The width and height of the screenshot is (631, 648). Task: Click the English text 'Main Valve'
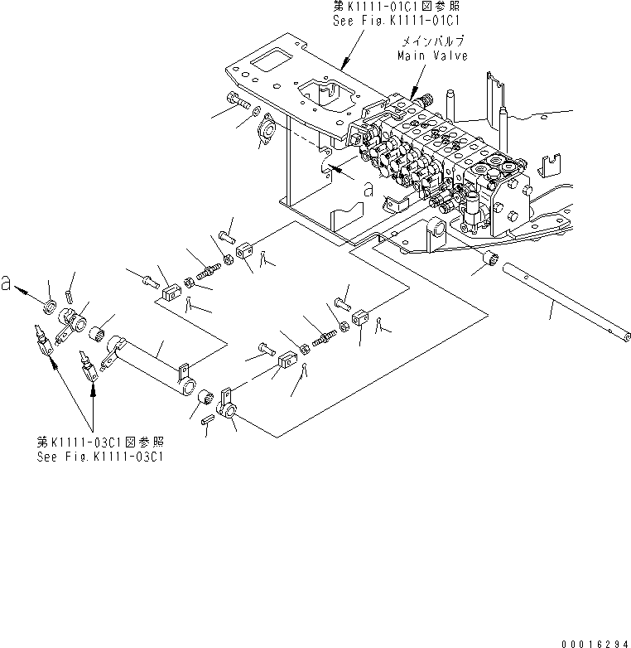pyautogui.click(x=432, y=56)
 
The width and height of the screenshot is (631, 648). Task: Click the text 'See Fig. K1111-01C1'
pyautogui.click(x=397, y=20)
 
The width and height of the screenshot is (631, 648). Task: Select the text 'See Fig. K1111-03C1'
pyautogui.click(x=100, y=457)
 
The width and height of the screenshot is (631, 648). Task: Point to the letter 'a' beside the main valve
pyautogui.click(x=368, y=191)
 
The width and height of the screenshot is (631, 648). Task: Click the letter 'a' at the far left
pyautogui.click(x=6, y=283)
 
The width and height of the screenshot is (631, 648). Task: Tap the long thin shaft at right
pyautogui.click(x=566, y=302)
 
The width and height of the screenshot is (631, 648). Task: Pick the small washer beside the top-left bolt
pyautogui.click(x=256, y=111)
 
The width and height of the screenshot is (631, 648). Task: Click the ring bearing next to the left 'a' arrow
pyautogui.click(x=51, y=307)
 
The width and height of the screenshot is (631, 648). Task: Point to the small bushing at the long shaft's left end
pyautogui.click(x=490, y=259)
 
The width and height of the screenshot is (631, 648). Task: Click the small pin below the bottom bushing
pyautogui.click(x=207, y=420)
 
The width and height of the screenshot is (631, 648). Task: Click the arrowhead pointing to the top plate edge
pyautogui.click(x=344, y=63)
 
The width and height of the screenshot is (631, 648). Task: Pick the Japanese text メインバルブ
pyautogui.click(x=433, y=41)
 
